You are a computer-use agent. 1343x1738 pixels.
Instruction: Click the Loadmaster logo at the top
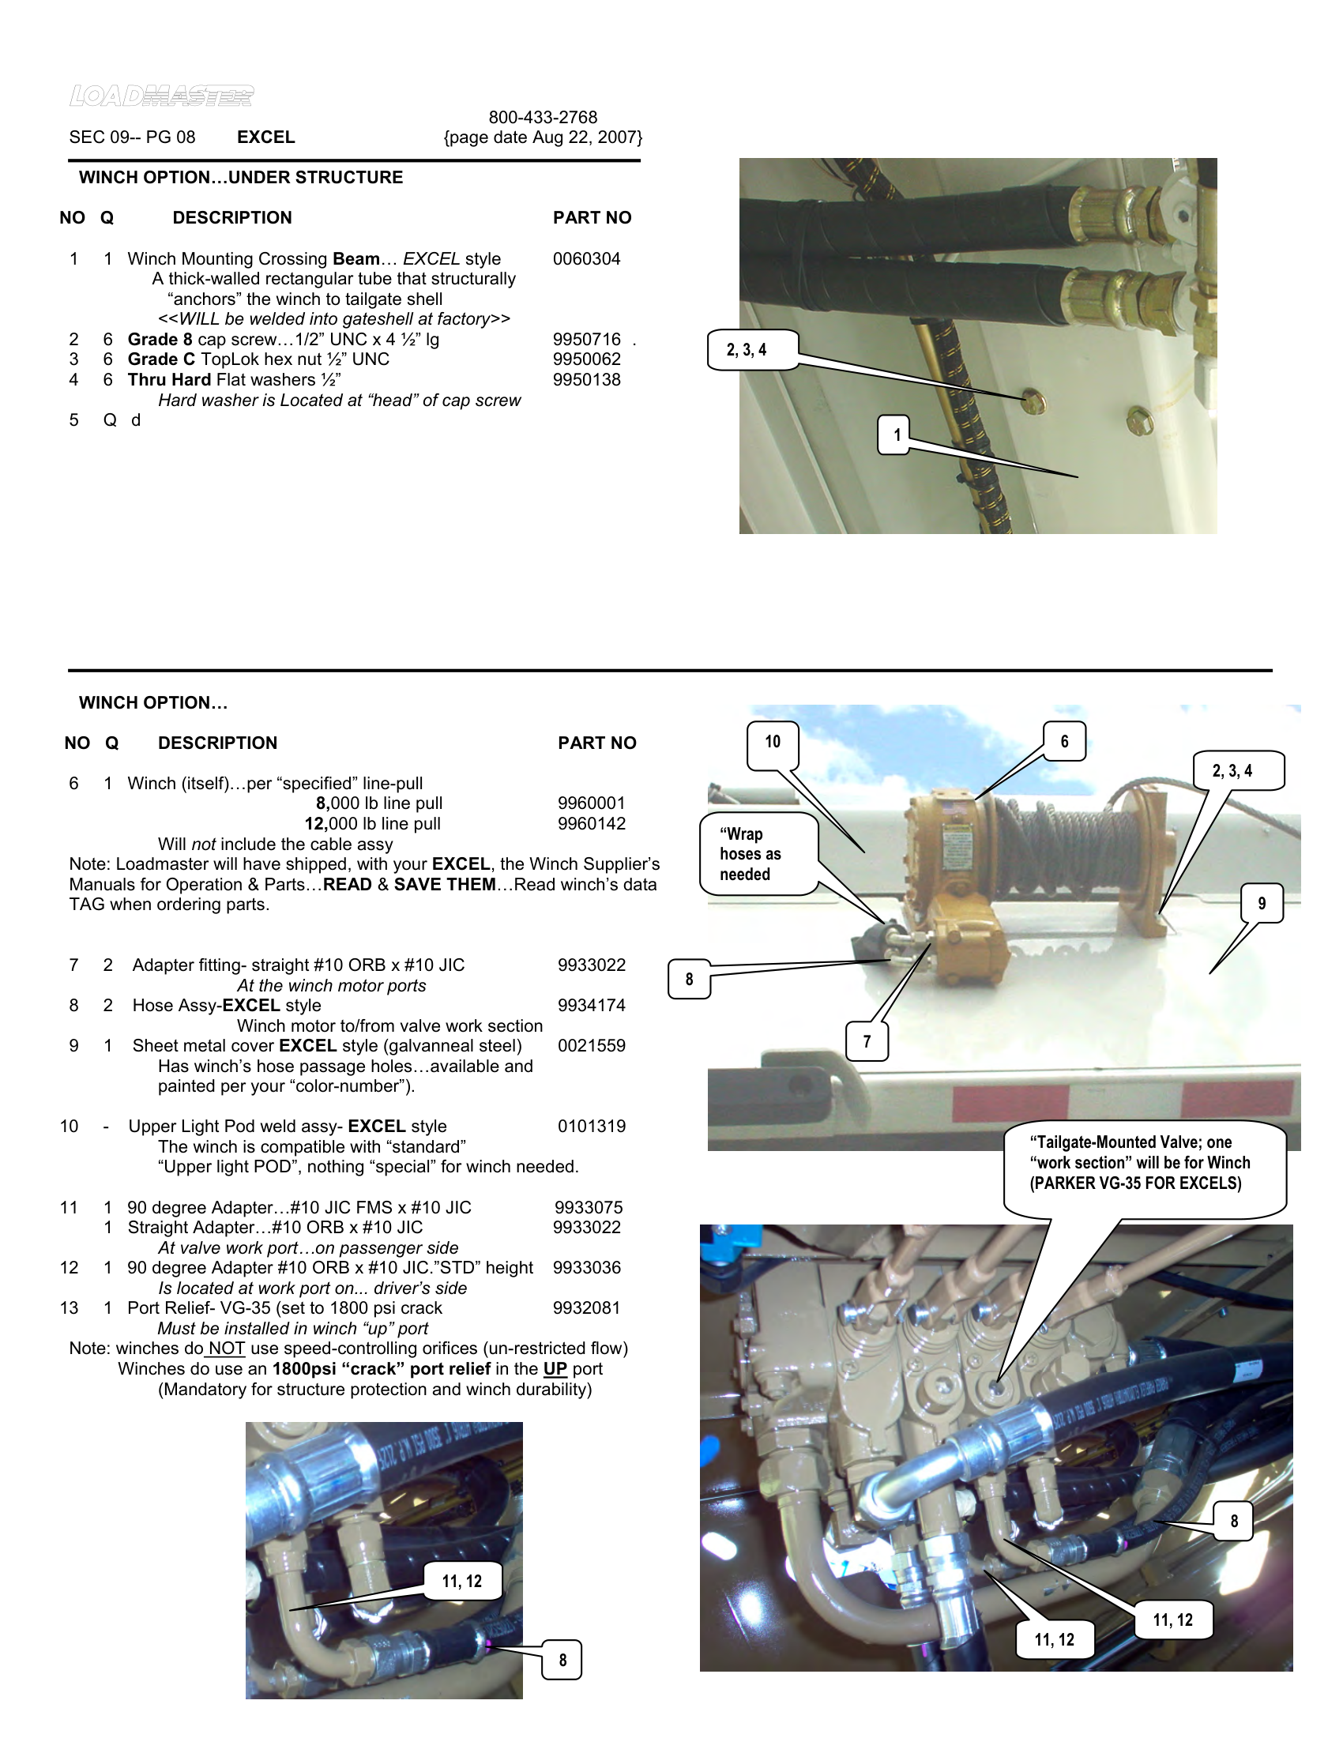tap(161, 96)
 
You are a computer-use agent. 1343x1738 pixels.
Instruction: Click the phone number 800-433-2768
tap(543, 117)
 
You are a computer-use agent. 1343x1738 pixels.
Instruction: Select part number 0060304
tap(586, 258)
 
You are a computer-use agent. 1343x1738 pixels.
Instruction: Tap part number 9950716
tap(586, 339)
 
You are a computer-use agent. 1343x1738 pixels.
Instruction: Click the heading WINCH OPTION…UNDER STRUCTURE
tap(240, 178)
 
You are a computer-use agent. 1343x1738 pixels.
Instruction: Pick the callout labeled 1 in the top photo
tap(896, 434)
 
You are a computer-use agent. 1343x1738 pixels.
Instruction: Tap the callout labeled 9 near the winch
tap(1261, 903)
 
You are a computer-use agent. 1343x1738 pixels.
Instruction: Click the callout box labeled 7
tap(867, 1041)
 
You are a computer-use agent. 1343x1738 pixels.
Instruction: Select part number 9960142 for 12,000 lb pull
tap(591, 824)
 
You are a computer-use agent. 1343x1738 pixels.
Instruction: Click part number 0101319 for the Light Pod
tap(591, 1126)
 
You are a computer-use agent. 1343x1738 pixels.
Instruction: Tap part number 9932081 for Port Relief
tap(586, 1307)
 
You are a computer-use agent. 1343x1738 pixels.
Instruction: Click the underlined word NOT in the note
tap(226, 1348)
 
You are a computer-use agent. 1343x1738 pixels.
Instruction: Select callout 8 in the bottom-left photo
tap(562, 1660)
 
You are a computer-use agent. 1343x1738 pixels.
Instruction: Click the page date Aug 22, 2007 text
tap(543, 137)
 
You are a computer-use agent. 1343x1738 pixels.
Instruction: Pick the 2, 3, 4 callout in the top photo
tap(747, 350)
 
